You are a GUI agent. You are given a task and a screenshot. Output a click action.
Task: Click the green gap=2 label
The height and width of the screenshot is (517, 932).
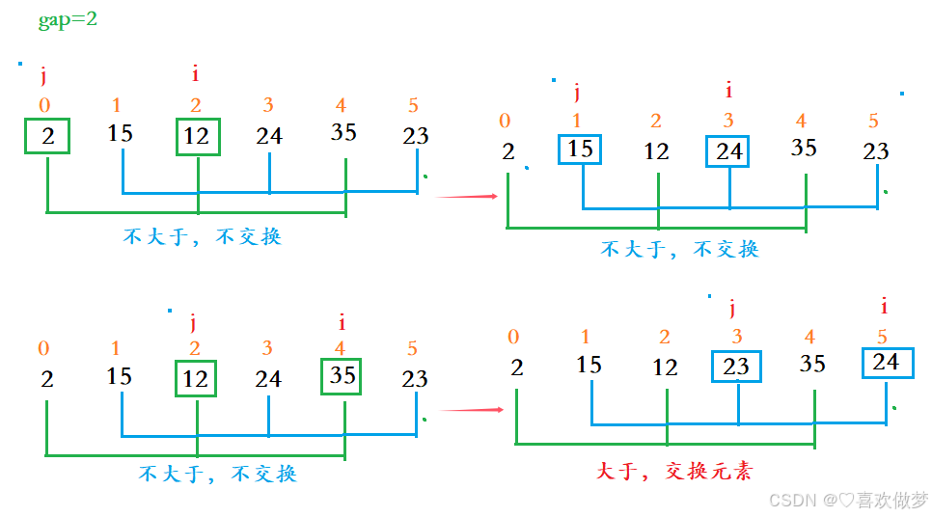68,19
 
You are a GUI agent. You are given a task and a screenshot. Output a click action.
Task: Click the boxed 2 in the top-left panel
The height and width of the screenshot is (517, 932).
48,136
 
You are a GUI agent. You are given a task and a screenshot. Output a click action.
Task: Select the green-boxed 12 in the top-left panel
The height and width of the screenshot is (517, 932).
197,136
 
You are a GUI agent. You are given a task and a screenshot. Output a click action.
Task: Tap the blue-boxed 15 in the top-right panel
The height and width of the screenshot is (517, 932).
580,150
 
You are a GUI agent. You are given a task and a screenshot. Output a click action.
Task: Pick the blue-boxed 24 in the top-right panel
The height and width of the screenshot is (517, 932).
728,151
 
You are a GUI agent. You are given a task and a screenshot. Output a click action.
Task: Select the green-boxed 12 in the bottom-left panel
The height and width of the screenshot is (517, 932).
196,379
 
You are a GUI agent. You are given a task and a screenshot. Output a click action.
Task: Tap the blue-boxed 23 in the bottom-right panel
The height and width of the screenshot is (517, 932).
736,367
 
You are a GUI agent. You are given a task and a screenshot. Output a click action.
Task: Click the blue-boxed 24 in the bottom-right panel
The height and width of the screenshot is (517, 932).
886,362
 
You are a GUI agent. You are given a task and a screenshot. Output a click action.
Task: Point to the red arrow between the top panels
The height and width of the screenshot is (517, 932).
467,197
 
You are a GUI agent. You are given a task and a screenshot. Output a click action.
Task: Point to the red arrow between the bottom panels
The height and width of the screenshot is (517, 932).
472,410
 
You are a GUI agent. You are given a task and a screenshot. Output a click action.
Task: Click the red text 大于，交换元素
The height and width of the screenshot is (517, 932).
674,471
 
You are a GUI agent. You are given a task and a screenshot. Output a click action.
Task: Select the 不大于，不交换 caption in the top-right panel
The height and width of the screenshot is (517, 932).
680,249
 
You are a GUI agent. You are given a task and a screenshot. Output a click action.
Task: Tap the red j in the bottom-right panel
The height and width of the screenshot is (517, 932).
732,308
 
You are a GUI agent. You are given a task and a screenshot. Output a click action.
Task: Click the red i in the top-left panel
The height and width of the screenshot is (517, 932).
196,73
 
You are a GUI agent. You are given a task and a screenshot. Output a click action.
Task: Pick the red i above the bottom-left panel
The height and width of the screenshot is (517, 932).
342,322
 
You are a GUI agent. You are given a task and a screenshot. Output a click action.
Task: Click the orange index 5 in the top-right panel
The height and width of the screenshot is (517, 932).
873,122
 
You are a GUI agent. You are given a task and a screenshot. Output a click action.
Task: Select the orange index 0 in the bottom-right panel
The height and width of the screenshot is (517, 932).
513,337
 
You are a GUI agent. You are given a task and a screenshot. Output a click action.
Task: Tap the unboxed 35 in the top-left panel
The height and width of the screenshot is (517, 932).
343,132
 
